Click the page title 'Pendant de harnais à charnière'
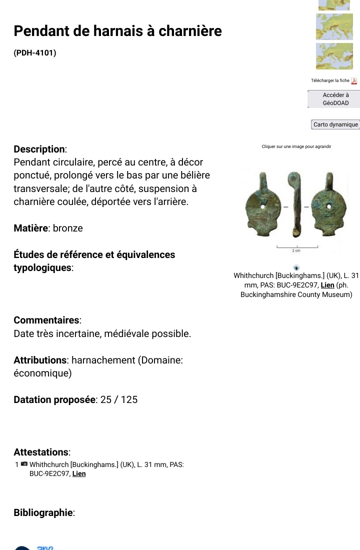[x=117, y=31]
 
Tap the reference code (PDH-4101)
[x=35, y=52]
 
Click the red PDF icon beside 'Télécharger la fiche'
[x=354, y=81]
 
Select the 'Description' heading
[x=39, y=149]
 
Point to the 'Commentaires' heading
[x=47, y=320]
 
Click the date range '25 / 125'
[x=119, y=399]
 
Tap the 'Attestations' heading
[x=41, y=452]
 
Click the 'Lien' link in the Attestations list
[x=79, y=474]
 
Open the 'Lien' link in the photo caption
[x=327, y=285]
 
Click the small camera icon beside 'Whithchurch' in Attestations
[x=24, y=464]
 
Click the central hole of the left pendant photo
[x=262, y=205]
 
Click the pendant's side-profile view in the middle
[x=294, y=205]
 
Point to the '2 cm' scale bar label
[x=296, y=251]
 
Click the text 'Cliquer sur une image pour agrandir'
[x=296, y=146]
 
